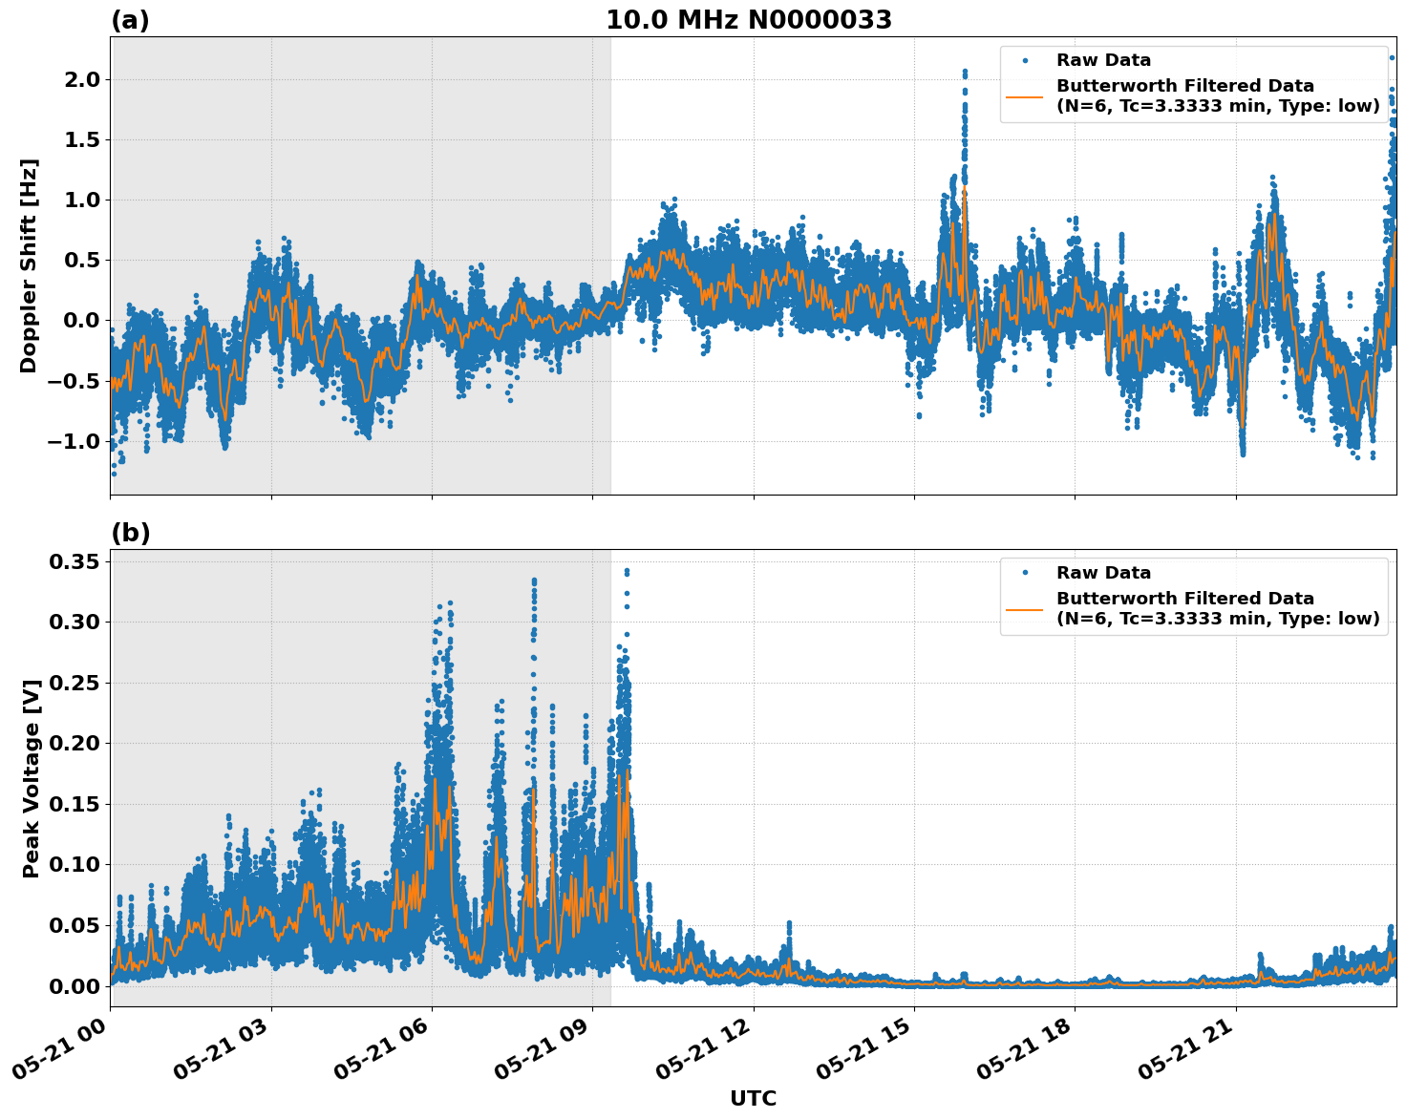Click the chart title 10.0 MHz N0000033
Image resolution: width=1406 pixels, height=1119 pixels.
[748, 20]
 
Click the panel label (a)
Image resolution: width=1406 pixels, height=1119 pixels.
[130, 20]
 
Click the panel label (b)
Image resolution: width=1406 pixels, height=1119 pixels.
[130, 533]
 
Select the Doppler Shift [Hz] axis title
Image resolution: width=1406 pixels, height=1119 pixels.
[29, 265]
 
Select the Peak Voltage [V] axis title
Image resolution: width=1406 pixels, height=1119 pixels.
[31, 778]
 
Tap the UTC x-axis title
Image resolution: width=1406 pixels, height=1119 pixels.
[753, 1098]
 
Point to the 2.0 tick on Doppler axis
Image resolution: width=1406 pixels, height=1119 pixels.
[80, 79]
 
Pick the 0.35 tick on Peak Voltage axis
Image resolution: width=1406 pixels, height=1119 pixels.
[75, 561]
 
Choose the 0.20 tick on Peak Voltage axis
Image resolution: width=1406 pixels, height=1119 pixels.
[75, 743]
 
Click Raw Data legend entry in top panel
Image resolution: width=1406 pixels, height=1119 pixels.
[1103, 60]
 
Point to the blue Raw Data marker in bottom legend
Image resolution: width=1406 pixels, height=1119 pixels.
[1025, 573]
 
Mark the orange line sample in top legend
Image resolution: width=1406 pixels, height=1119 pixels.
[1025, 95]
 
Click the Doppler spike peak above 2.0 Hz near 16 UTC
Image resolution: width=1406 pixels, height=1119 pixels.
[965, 72]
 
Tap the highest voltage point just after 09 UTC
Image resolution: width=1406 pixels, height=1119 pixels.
[627, 571]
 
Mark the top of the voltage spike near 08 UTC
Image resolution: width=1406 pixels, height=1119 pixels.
[534, 581]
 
